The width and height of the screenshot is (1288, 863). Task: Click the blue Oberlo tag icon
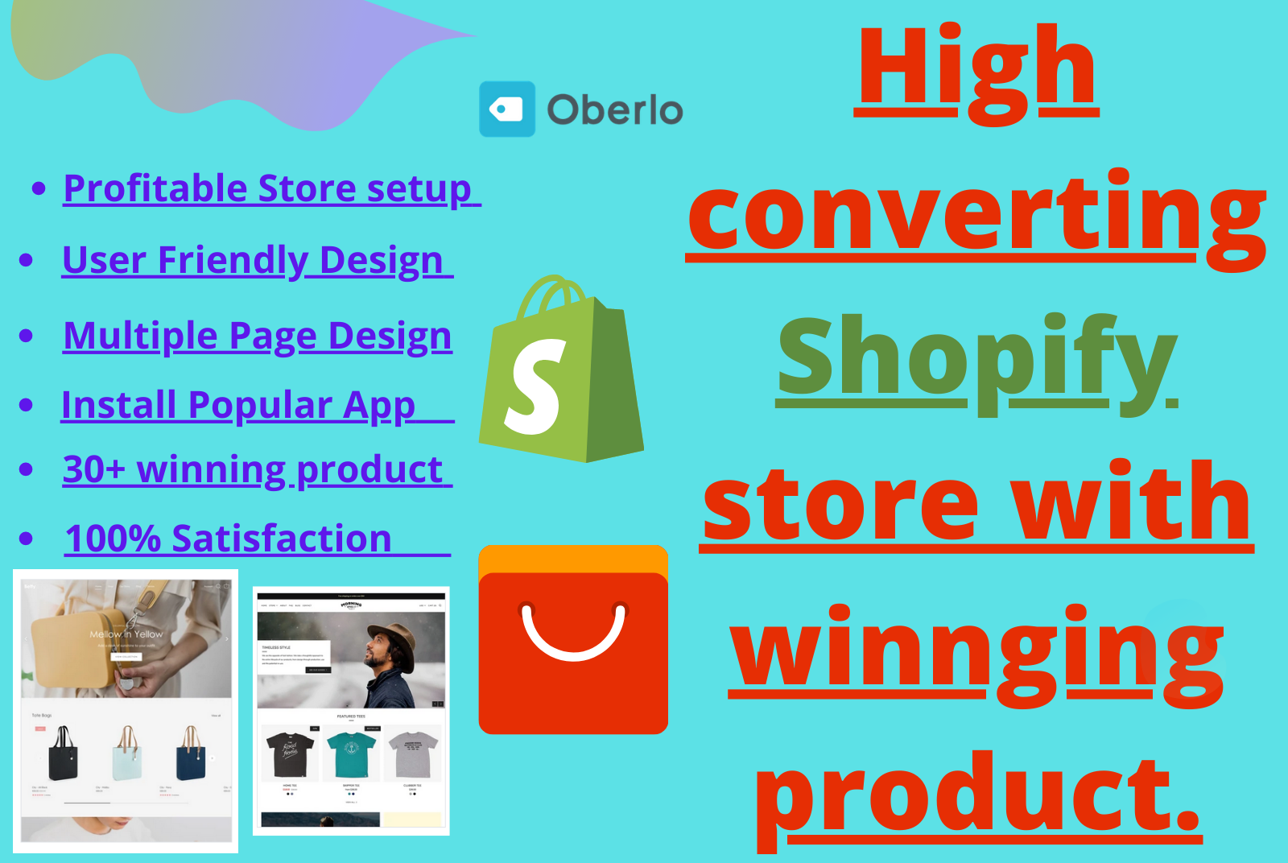[x=507, y=109]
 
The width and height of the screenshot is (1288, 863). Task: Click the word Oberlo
[x=615, y=110]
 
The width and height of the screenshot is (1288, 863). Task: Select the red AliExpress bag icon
[x=573, y=641]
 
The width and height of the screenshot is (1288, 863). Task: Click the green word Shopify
[x=976, y=358]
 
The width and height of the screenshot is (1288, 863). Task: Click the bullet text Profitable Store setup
[x=267, y=188]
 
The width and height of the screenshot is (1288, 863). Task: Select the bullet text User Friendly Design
[x=253, y=260]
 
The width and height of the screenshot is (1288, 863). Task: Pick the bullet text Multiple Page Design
[x=257, y=336]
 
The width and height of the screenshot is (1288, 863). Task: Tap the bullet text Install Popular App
[x=238, y=405]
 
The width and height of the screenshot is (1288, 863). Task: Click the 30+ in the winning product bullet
[x=94, y=469]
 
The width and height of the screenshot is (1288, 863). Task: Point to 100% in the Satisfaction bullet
[x=113, y=539]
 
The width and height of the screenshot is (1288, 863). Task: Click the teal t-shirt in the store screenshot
[x=351, y=754]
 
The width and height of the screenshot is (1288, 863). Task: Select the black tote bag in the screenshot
[x=64, y=754]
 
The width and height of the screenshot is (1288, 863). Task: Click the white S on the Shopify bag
[x=534, y=386]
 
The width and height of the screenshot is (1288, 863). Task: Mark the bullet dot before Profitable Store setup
[x=39, y=189]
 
